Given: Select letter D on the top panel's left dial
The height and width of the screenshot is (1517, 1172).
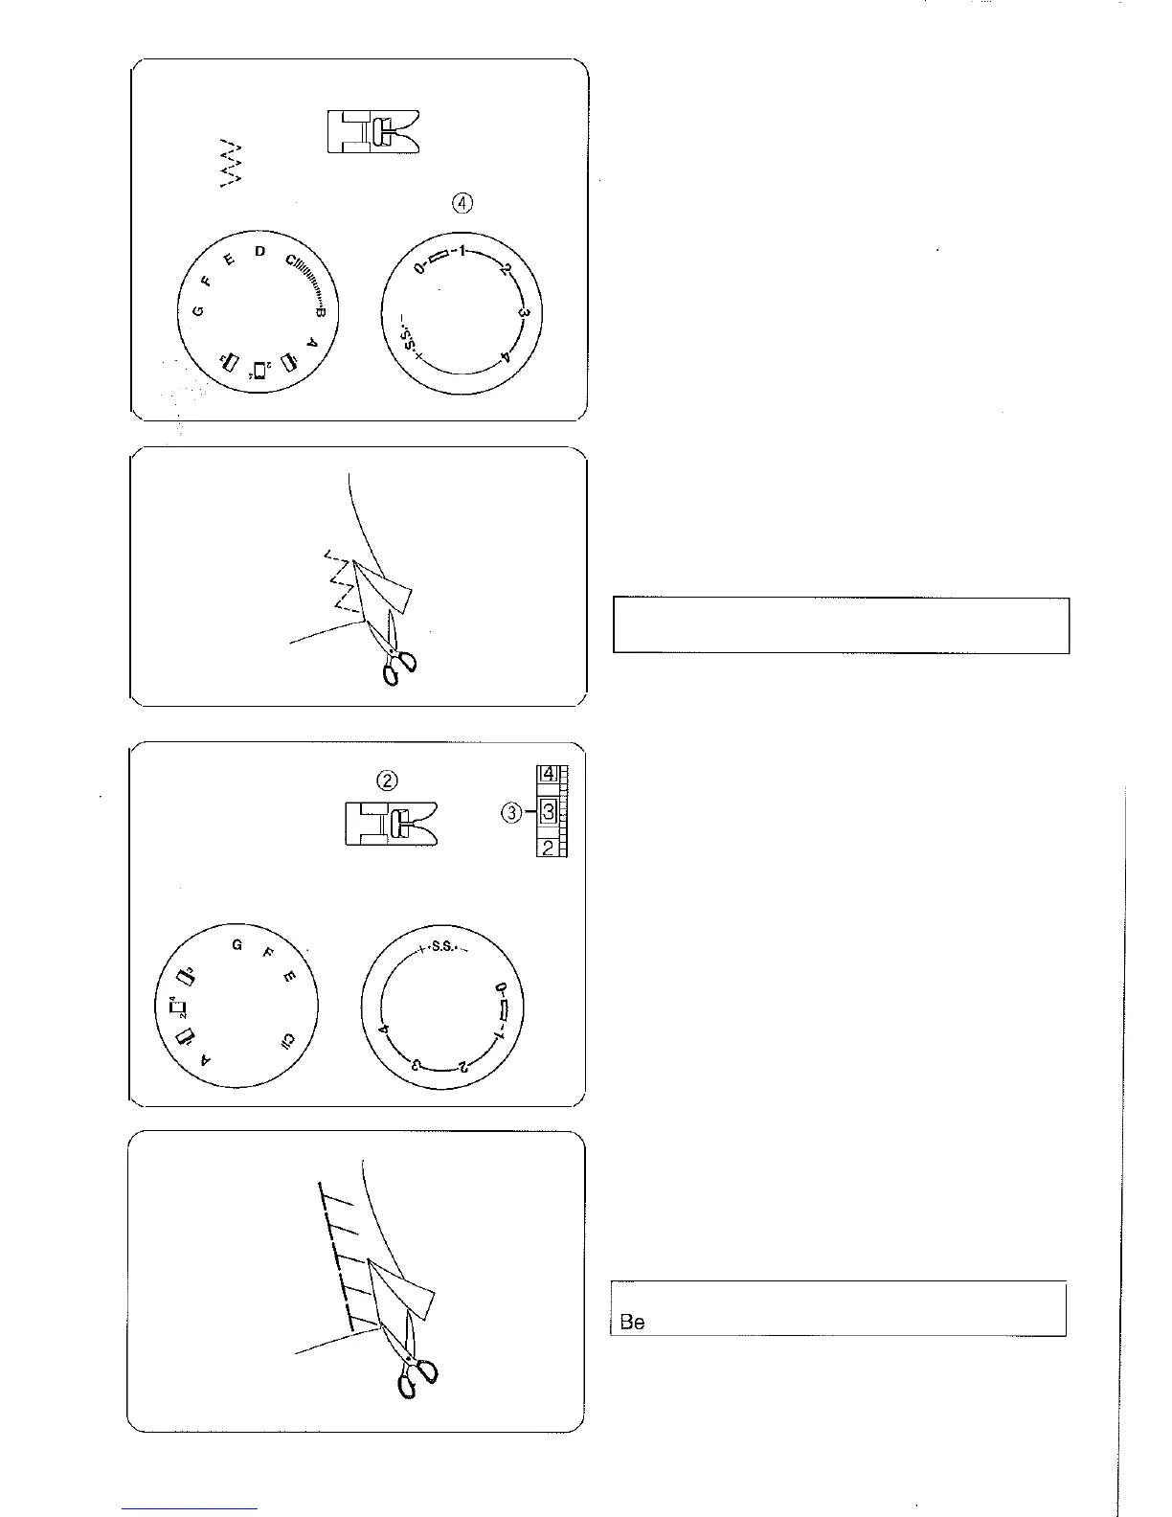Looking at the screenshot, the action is point(259,251).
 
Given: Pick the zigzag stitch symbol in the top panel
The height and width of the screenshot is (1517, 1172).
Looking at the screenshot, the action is point(230,162).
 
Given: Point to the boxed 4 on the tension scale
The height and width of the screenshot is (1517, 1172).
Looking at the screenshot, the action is point(547,773).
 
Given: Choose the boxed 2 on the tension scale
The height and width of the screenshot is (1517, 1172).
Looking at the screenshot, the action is point(547,848).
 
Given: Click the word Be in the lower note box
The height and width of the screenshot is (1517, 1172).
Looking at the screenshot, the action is point(632,1323).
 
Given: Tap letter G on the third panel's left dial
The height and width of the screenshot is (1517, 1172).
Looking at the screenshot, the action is point(237,946).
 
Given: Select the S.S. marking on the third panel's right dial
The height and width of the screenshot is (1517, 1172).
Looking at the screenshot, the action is point(441,950).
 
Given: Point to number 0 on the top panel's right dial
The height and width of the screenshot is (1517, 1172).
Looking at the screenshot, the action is point(419,268).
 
